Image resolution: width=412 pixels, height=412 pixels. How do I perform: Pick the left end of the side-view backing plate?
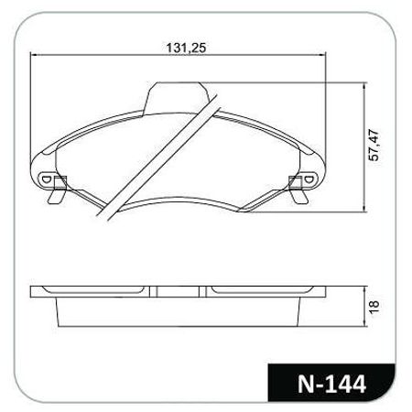coord(35,292)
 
